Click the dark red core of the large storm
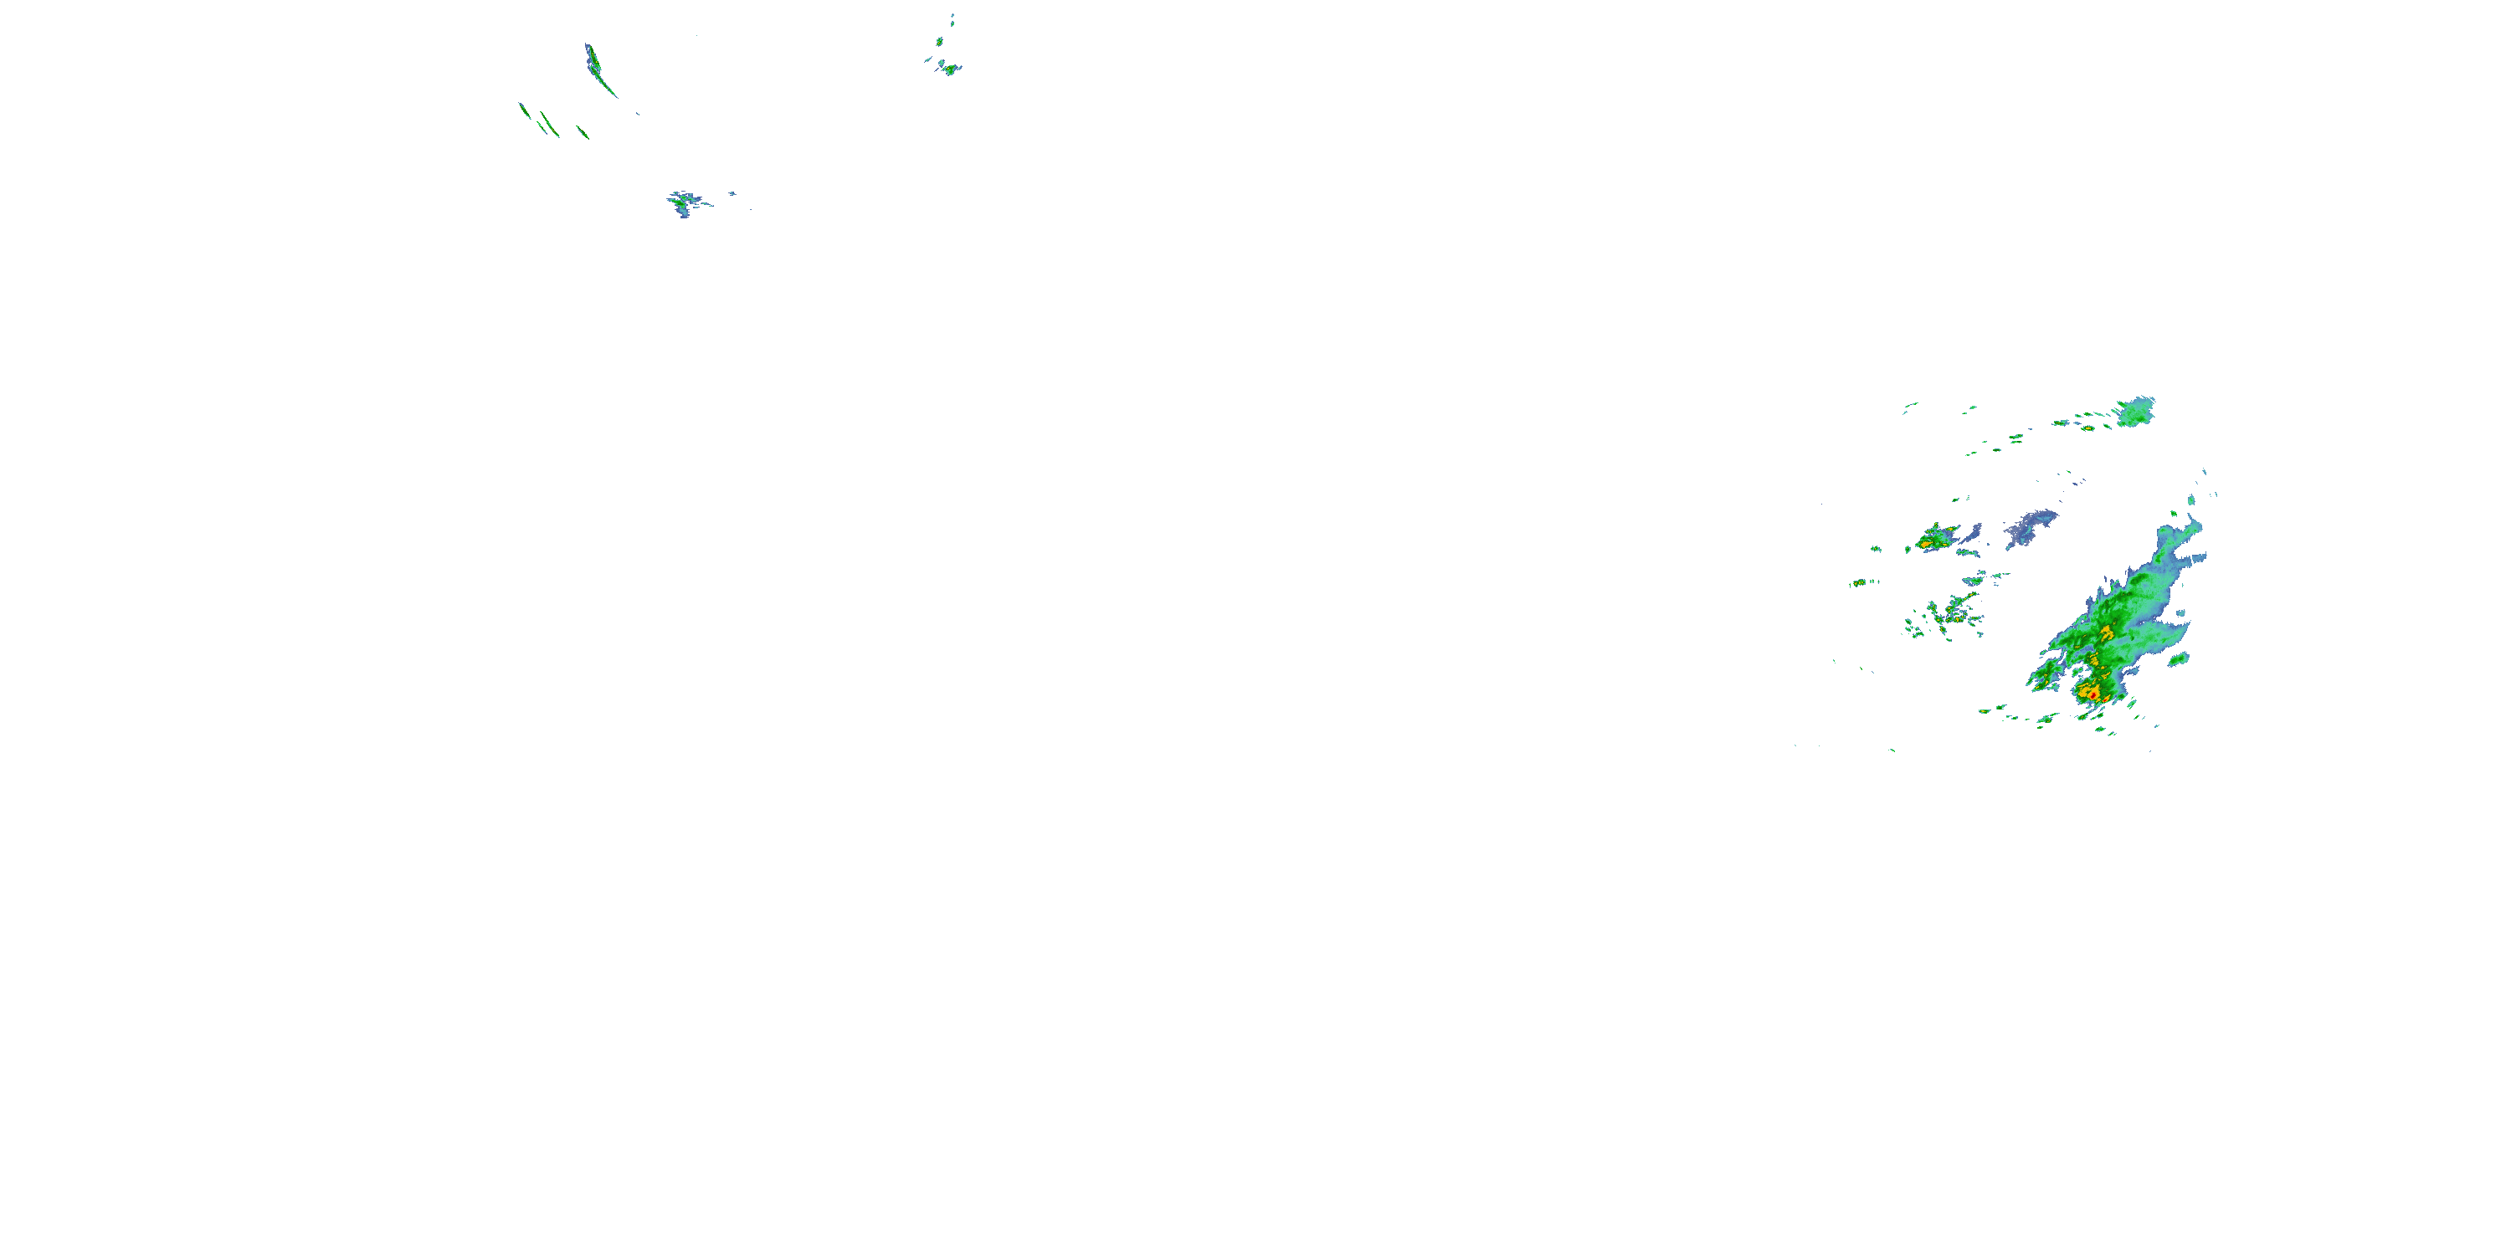pyautogui.click(x=2090, y=694)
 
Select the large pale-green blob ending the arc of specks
pyautogui.click(x=2136, y=412)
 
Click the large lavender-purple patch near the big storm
pyautogui.click(x=2031, y=527)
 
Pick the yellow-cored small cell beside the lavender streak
pyautogui.click(x=1936, y=537)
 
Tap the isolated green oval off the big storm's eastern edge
pyautogui.click(x=2179, y=659)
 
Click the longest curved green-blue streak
pyautogui.click(x=598, y=70)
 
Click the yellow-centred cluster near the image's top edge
pyautogui.click(x=948, y=69)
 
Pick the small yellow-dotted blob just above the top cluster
pyautogui.click(x=940, y=42)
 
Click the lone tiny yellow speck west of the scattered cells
pyautogui.click(x=1859, y=582)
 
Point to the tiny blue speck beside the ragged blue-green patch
pyautogui.click(x=731, y=194)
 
